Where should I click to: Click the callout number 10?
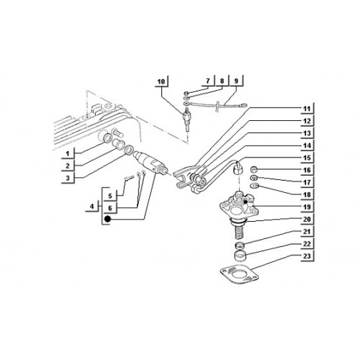[161, 81]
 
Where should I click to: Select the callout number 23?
[307, 256]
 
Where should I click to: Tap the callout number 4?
[92, 206]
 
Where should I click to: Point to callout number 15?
[307, 158]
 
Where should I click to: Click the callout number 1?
[68, 153]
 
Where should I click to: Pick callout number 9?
[236, 81]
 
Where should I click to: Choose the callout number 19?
[307, 207]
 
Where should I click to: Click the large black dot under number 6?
[107, 219]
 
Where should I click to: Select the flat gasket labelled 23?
[240, 274]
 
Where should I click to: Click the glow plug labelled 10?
[186, 119]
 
